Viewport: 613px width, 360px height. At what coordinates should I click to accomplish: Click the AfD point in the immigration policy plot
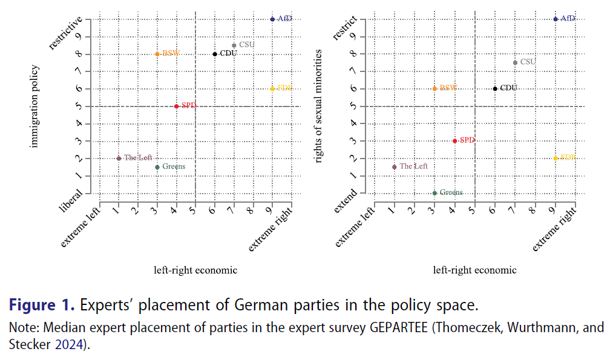272,19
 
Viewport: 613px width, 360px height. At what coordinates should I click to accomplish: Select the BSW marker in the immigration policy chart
157,54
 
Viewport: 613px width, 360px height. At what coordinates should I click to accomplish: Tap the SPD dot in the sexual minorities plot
454,141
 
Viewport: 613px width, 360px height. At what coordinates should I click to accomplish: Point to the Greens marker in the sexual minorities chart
434,193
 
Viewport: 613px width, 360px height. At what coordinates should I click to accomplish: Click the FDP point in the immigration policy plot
272,89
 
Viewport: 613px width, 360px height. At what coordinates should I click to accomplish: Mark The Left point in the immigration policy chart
119,159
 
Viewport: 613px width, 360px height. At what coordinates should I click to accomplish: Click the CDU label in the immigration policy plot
228,54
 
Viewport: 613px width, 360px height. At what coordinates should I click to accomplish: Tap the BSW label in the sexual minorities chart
448,88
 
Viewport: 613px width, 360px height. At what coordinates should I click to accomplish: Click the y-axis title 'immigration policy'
34,106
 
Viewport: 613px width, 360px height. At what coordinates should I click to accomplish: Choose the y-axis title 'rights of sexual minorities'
318,106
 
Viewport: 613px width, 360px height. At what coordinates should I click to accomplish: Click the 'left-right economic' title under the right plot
474,270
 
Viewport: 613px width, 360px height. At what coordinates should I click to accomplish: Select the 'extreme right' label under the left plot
270,229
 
